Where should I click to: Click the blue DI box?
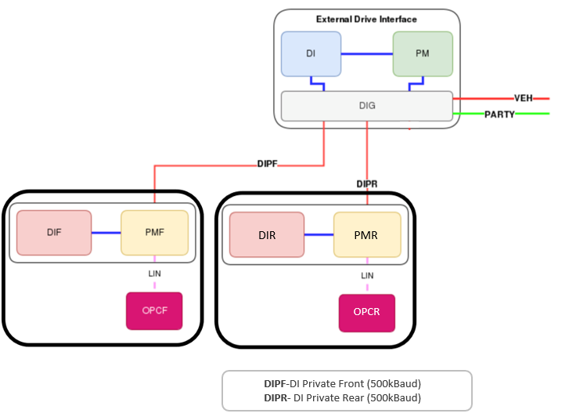pos(312,54)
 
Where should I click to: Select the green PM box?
pos(423,54)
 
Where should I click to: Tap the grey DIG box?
pos(366,106)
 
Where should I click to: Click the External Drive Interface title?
pos(366,19)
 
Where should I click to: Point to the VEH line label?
pos(524,98)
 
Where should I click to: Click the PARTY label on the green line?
pos(499,114)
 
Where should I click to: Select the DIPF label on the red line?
pos(268,165)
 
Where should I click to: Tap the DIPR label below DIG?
pos(367,183)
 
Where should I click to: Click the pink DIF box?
pos(54,233)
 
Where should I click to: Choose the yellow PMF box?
pos(154,233)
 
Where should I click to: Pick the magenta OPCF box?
pos(154,310)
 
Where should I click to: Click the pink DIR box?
pos(267,234)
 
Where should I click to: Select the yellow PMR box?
pos(367,234)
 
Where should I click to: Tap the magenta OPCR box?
pos(366,313)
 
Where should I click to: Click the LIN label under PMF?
pos(154,274)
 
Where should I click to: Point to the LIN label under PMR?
pos(367,275)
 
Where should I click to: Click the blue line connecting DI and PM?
pos(366,54)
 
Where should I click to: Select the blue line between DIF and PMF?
pos(106,233)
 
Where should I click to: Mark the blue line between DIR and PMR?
pos(319,234)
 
